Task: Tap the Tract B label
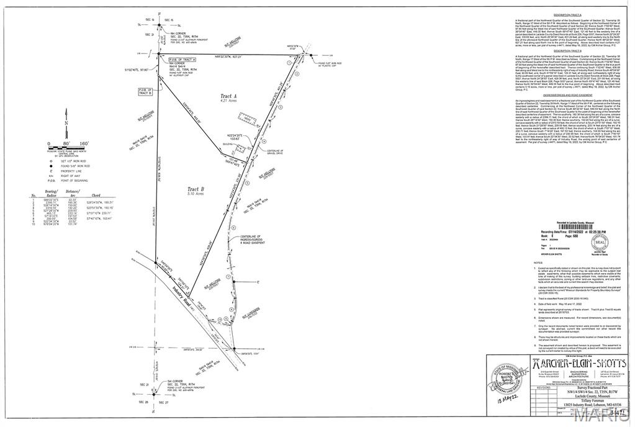[196, 189]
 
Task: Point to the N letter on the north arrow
[66, 122]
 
